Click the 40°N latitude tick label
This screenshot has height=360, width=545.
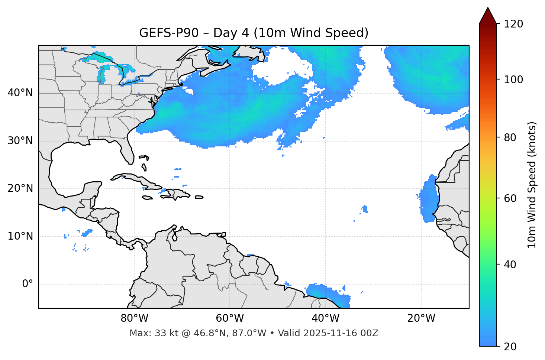click(x=20, y=93)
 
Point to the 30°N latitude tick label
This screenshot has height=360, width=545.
click(x=20, y=141)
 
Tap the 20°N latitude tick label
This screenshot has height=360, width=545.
click(x=20, y=188)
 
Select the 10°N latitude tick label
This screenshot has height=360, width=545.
click(x=20, y=236)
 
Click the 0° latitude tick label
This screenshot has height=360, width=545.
click(x=28, y=284)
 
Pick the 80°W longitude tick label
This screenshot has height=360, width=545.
click(x=134, y=318)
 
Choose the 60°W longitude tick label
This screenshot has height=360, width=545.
click(x=230, y=318)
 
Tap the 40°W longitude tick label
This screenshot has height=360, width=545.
click(x=325, y=318)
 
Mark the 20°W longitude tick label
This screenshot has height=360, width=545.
click(x=421, y=318)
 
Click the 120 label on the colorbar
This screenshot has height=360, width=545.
click(x=513, y=24)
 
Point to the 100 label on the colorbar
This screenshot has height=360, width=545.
click(x=513, y=80)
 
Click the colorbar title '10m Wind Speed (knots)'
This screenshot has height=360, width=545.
click(x=532, y=185)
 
